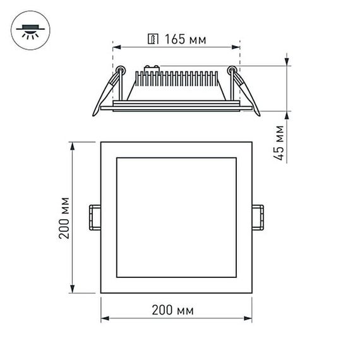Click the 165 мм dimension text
click(184, 40)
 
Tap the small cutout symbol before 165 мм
click(152, 40)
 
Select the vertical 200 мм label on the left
click(63, 217)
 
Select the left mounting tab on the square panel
click(95, 217)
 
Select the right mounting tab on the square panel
click(258, 217)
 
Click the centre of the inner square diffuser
click(176, 217)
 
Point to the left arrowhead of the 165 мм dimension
click(116, 46)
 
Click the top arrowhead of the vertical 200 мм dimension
click(73, 146)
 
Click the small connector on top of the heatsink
click(151, 66)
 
